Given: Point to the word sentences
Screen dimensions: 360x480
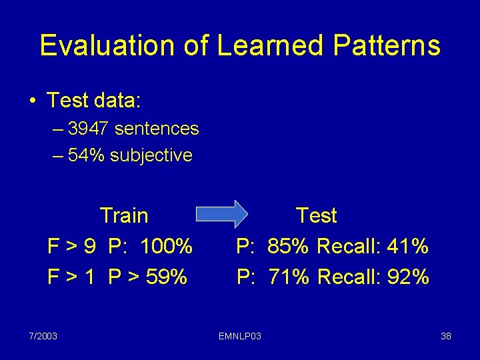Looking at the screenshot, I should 157,128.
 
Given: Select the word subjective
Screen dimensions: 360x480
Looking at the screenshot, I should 151,155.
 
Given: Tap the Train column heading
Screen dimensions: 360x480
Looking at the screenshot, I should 124,215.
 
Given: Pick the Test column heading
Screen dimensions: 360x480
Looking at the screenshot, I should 316,215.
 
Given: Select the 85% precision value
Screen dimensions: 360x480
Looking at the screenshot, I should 288,247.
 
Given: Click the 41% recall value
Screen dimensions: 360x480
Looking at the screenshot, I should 407,247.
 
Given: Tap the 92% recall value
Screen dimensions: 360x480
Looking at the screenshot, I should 407,276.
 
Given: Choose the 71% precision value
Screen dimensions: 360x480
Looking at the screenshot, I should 288,276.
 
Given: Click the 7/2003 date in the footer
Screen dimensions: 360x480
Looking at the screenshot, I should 43,335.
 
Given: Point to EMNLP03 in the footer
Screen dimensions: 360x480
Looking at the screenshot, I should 240,335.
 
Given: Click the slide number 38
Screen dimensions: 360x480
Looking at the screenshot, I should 446,335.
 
